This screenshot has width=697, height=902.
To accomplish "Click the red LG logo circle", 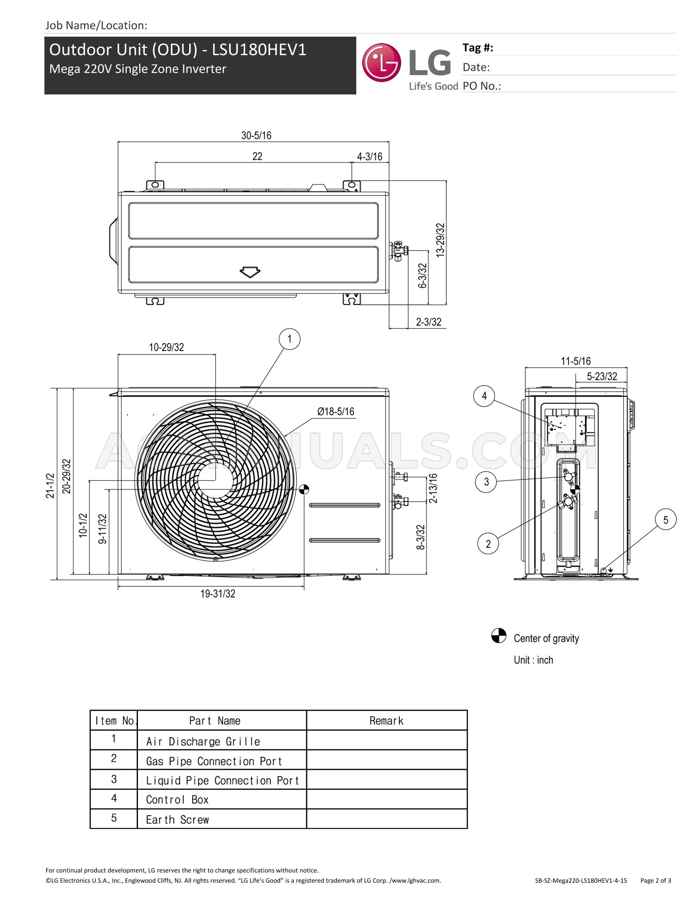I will click(x=381, y=63).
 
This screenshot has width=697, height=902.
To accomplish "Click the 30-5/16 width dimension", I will click(x=256, y=135).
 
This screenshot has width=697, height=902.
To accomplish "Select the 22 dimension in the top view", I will click(x=257, y=156).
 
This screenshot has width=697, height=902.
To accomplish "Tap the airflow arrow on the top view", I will click(x=250, y=272).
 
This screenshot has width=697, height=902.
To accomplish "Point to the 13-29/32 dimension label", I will click(x=440, y=240).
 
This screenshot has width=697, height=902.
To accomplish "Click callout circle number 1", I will click(x=290, y=339).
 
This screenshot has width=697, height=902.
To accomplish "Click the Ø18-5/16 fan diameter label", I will click(x=336, y=411).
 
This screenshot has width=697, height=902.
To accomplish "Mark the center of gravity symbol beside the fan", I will click(x=304, y=489).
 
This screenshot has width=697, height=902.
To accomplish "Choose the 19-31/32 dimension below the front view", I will click(x=218, y=594).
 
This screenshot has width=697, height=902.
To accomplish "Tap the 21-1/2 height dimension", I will click(x=50, y=485).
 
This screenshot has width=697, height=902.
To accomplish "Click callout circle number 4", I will click(x=484, y=396).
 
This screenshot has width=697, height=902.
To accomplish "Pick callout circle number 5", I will click(x=666, y=520).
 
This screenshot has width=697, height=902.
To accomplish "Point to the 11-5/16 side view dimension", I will click(x=576, y=361).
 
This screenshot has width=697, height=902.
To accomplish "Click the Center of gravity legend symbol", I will click(x=498, y=635).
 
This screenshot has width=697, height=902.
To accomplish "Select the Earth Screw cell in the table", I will click(x=178, y=820).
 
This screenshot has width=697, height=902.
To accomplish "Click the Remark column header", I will click(x=387, y=721).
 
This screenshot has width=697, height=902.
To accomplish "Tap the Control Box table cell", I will click(x=178, y=800).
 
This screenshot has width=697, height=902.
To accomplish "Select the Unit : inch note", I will click(x=533, y=660).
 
